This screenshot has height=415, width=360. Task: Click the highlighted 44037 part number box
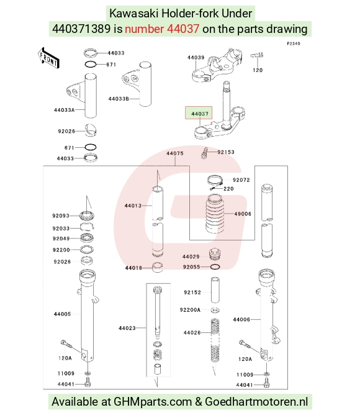pos(199,112)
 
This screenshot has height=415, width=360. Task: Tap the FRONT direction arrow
pos(48,58)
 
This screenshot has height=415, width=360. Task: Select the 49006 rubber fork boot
pos(215,214)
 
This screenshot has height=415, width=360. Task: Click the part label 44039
pos(196,57)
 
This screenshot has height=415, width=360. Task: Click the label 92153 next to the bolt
pos(226,152)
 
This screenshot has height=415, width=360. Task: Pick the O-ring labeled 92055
pos(215,267)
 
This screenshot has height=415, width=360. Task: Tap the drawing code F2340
pos(294,43)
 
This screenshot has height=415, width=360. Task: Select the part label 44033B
pos(119,99)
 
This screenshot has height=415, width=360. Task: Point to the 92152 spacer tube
pos(215,290)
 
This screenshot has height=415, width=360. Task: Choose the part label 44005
pos(63,314)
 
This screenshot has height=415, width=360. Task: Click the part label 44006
pos(241,320)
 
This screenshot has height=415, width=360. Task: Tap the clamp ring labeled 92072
pos(215,181)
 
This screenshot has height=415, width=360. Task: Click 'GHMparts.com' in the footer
pos(153,402)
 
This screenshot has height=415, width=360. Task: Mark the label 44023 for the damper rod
pos(127,328)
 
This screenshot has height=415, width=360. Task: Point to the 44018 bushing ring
pos(158,267)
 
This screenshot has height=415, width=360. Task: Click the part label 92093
pos(61,216)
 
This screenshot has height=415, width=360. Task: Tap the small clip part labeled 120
pos(257,55)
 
